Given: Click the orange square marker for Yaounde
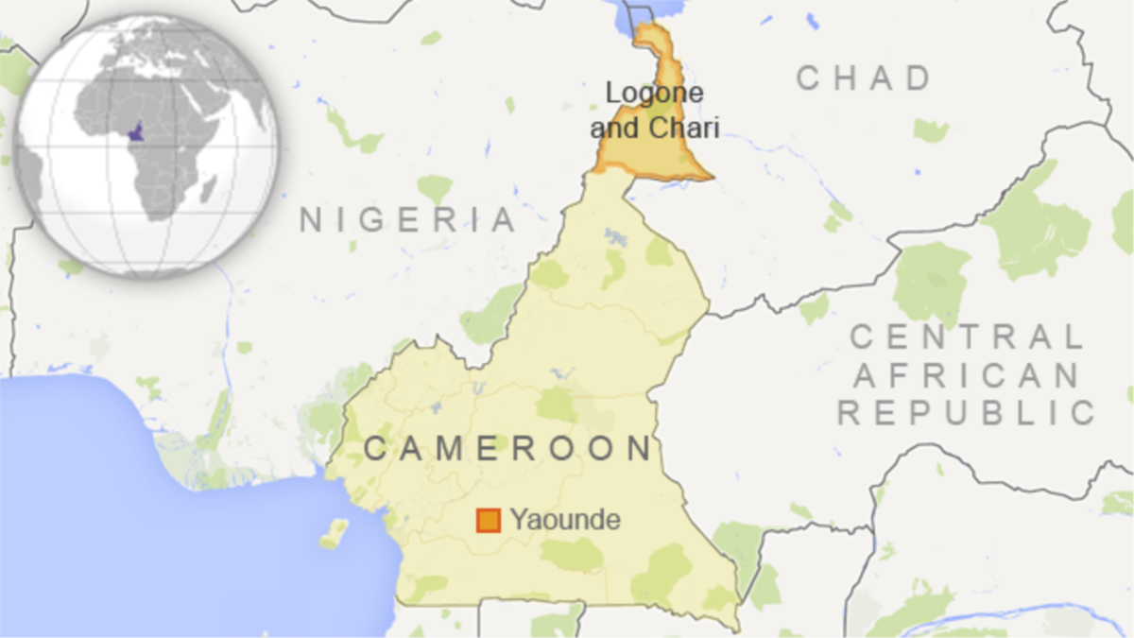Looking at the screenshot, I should tap(489, 520).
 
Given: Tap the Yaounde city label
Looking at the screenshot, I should tap(565, 520).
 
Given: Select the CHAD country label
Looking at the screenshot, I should tap(864, 78).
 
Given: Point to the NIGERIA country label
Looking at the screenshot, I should tap(408, 219).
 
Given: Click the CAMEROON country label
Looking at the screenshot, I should tap(508, 448).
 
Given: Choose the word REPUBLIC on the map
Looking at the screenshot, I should tap(966, 412).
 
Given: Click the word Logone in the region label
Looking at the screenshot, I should tap(654, 93).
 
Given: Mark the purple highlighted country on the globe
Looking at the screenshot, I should tap(138, 132).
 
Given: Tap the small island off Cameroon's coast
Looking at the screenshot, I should tap(335, 532).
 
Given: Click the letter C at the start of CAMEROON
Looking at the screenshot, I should tap(375, 448).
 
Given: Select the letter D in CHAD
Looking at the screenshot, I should tap(919, 78).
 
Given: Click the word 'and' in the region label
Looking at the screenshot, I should tap(619, 126).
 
